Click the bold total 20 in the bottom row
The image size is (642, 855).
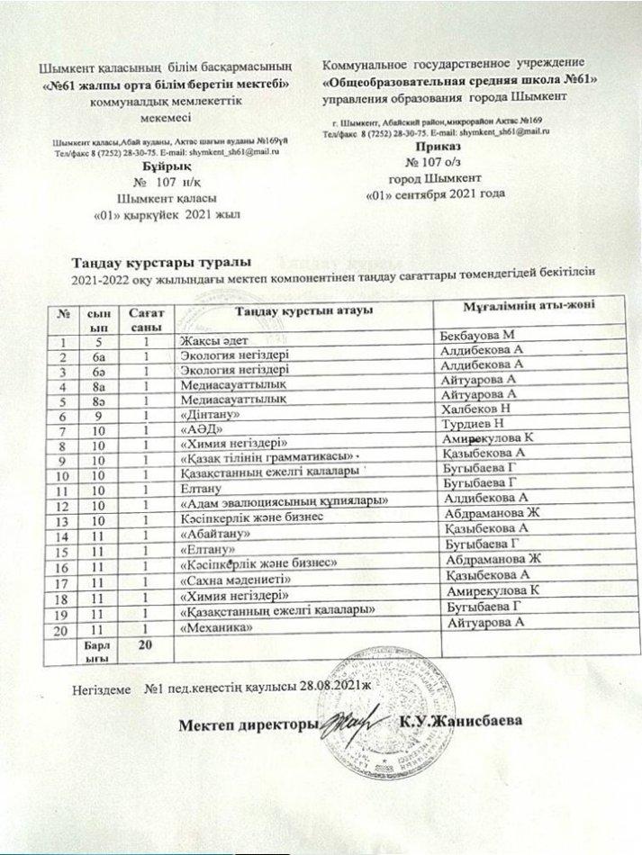click(142, 646)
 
